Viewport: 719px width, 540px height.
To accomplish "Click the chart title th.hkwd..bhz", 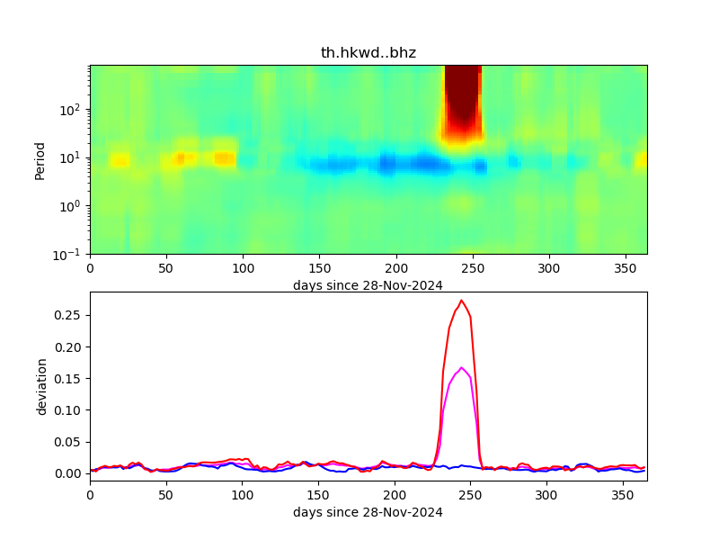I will click(368, 53).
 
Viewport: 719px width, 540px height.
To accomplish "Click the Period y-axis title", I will click(40, 159).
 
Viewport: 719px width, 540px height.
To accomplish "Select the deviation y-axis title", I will click(41, 386).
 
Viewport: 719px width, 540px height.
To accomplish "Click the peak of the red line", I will click(462, 301).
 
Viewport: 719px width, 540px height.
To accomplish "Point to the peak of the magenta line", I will click(462, 367).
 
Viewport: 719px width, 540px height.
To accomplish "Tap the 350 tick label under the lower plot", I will click(624, 495).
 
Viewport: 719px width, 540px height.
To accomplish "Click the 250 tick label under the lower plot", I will click(471, 495).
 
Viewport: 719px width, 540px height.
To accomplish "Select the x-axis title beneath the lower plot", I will click(368, 512).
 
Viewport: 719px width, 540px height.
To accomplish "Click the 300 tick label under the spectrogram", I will click(547, 268).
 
